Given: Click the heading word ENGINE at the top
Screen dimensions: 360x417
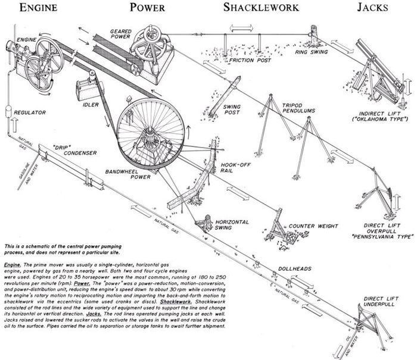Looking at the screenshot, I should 39,8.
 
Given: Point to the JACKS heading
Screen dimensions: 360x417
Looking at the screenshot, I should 373,8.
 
